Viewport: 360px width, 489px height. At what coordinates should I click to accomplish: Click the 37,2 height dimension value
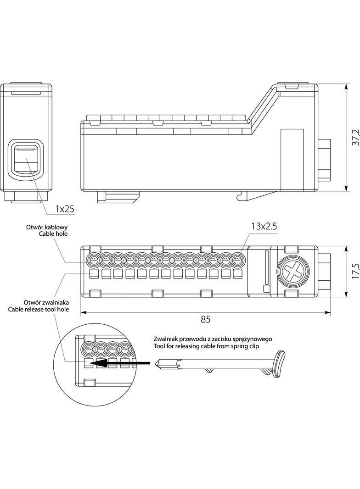[x=354, y=137]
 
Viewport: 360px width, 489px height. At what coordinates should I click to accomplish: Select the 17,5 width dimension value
[x=354, y=272]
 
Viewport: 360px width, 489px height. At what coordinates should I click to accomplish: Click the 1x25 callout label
[x=65, y=209]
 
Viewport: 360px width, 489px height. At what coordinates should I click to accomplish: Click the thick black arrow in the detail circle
[x=121, y=363]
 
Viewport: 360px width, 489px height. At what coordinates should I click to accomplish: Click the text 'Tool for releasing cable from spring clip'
[x=207, y=346]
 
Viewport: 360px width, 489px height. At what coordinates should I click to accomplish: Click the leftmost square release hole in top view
[x=94, y=274]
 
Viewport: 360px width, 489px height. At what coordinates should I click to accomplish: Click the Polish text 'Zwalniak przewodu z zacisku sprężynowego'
[x=214, y=339]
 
